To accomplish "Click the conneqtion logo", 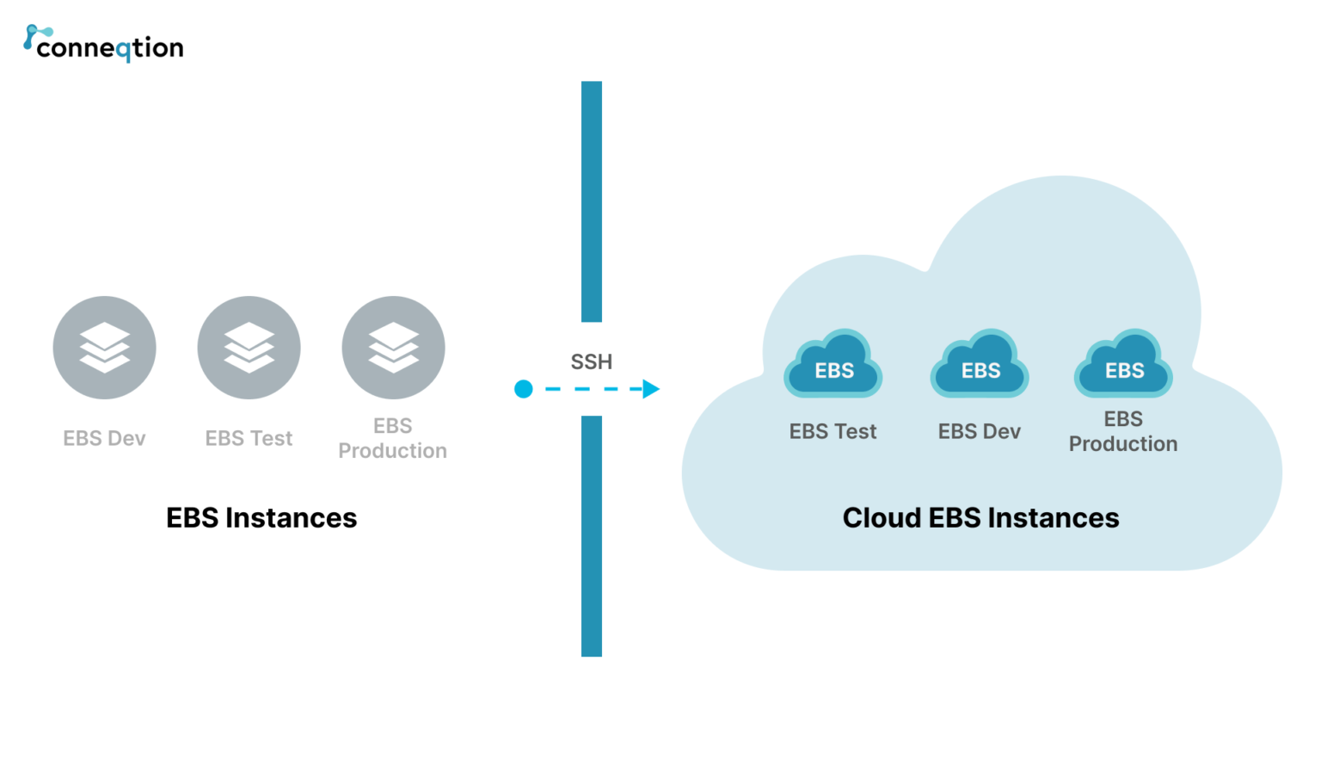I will point(103,45).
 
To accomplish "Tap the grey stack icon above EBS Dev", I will point(104,348).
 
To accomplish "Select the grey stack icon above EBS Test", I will point(249,348).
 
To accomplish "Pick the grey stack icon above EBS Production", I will point(393,348).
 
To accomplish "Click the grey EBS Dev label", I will point(104,438).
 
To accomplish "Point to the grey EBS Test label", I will point(249,438).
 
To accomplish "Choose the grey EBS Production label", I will point(392,438).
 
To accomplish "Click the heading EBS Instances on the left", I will point(261,518).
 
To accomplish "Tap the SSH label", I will point(592,361).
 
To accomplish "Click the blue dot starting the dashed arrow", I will point(523,389).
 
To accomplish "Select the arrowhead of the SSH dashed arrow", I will point(651,389).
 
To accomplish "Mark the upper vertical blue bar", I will point(592,201).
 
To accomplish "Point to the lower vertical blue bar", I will point(592,535).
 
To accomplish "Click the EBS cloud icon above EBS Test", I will point(833,365).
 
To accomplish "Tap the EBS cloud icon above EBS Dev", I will point(980,365).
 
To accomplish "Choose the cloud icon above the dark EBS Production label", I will point(1123,365).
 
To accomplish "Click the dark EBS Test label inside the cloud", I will point(833,431).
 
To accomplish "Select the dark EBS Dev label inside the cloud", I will point(979,431).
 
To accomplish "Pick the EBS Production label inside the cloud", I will point(1123,431).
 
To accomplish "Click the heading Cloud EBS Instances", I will point(980,518).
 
